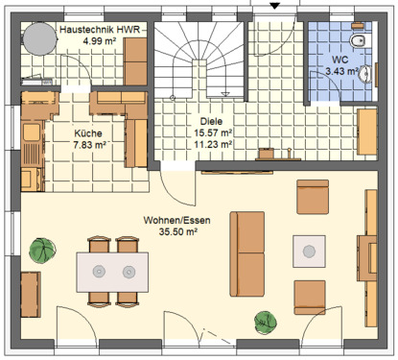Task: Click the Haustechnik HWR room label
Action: point(101,31)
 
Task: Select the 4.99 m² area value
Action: point(101,42)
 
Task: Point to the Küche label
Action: point(88,133)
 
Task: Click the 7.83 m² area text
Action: point(88,145)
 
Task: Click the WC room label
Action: point(342,60)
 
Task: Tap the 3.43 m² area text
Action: point(342,71)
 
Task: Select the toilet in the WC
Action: point(359,41)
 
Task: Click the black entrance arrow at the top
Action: point(276,7)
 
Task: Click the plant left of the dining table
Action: point(42,252)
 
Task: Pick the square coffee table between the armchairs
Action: point(311,252)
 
